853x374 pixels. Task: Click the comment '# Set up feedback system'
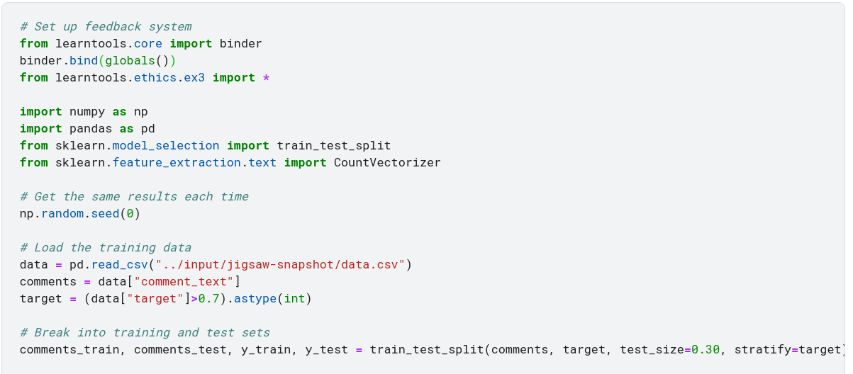coord(106,27)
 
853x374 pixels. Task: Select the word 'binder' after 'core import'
coord(240,44)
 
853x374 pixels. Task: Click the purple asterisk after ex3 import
coord(266,78)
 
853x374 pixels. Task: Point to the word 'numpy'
coord(84,112)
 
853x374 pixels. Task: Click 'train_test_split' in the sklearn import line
coord(333,146)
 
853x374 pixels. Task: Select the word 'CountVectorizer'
coord(387,163)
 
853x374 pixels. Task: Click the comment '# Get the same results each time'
coord(134,197)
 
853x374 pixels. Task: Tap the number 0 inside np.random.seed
coord(130,214)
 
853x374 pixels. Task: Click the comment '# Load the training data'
coord(106,248)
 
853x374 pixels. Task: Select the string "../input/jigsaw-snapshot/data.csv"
coord(280,265)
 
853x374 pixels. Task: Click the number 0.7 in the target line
coord(208,299)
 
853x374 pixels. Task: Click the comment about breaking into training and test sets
coord(145,333)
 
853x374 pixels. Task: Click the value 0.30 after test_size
coord(706,350)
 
